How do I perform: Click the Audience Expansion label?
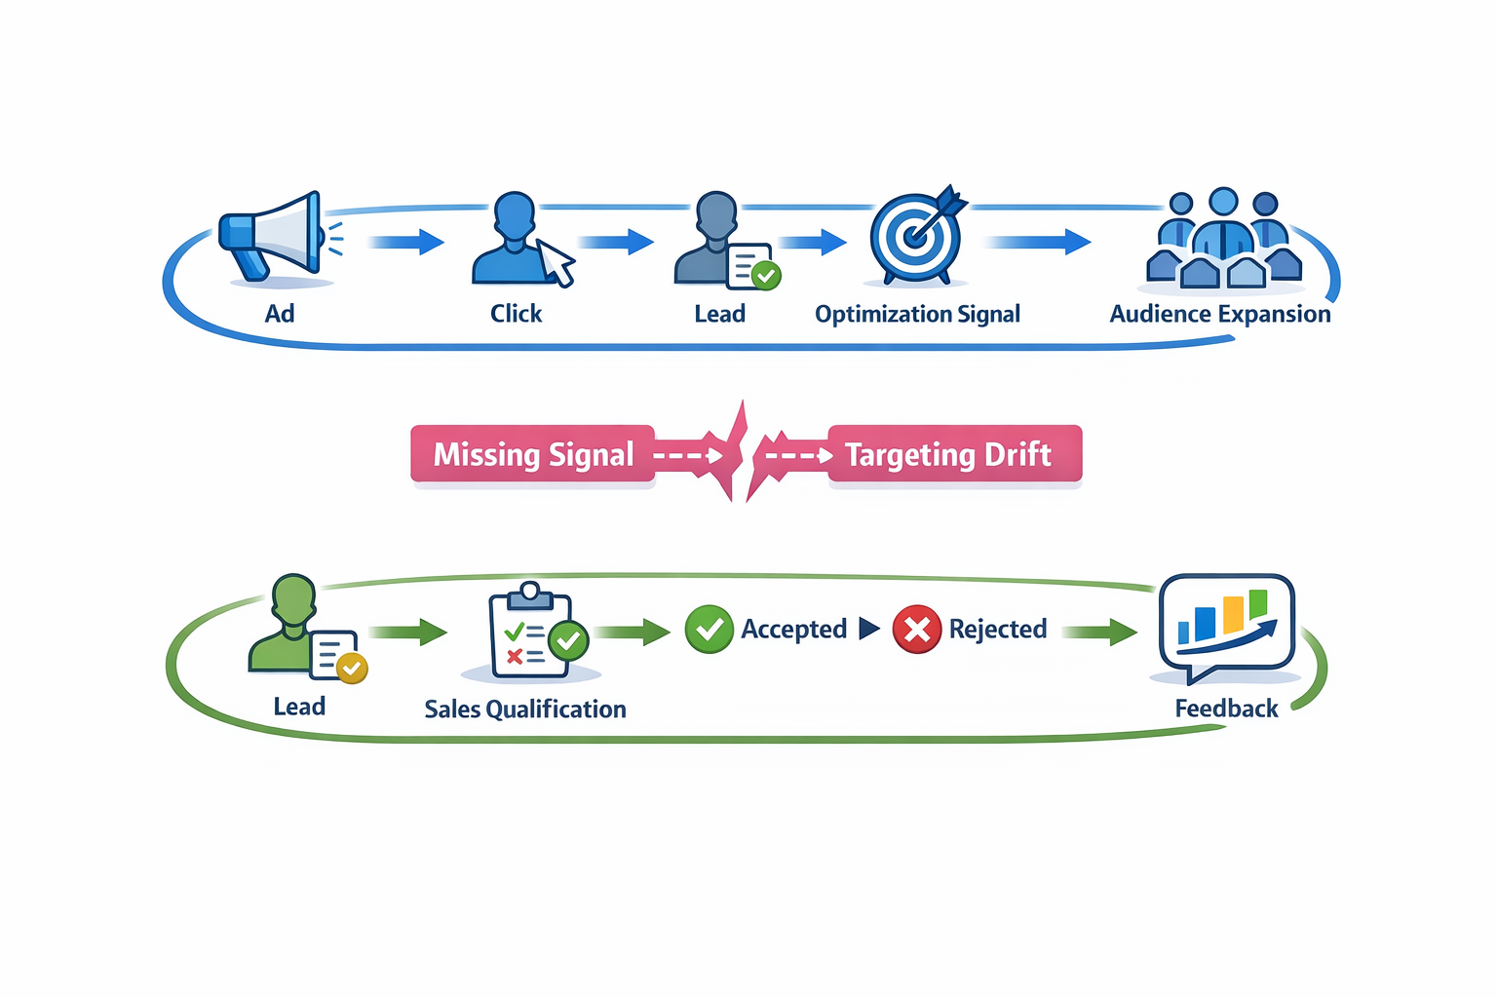1219,314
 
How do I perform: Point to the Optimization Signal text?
917,314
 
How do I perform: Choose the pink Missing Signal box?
533,454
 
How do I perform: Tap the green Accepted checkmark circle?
709,629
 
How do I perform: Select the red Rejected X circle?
916,629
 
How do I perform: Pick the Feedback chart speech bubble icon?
1226,625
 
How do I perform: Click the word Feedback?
1225,709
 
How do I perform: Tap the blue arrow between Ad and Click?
407,242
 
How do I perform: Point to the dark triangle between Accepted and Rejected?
868,629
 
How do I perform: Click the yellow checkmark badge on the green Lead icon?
351,668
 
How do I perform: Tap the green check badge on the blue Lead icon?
766,276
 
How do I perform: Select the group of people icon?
1223,242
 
